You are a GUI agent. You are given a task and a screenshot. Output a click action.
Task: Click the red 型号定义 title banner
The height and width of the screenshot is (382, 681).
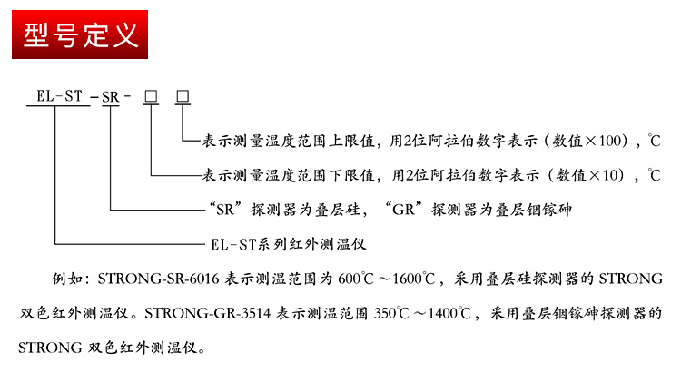tap(80, 34)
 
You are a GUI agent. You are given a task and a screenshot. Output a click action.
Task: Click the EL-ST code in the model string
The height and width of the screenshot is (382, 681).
tap(59, 96)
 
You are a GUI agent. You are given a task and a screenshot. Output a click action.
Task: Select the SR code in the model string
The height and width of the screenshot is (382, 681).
tap(110, 97)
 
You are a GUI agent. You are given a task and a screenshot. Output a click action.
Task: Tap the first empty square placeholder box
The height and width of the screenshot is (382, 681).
tap(151, 96)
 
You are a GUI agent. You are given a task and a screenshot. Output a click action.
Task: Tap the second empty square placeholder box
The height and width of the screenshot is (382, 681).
tap(183, 96)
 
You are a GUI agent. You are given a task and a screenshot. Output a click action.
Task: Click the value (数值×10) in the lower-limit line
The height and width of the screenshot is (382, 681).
tap(587, 175)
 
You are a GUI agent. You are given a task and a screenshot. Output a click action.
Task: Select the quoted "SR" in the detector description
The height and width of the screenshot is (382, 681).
tap(222, 210)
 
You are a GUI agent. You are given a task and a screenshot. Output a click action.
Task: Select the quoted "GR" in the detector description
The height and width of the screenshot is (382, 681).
tap(403, 210)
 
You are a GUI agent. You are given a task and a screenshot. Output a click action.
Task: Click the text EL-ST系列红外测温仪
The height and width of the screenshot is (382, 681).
tap(289, 244)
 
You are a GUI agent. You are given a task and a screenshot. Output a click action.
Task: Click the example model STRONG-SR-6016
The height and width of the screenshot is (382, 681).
tap(159, 279)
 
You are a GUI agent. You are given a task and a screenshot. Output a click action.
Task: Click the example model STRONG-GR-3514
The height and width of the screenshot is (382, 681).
tap(208, 313)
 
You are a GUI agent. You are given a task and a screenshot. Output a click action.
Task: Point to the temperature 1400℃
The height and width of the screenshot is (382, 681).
tap(449, 313)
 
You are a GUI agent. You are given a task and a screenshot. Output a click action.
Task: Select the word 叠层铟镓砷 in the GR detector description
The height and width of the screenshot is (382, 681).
tap(533, 210)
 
